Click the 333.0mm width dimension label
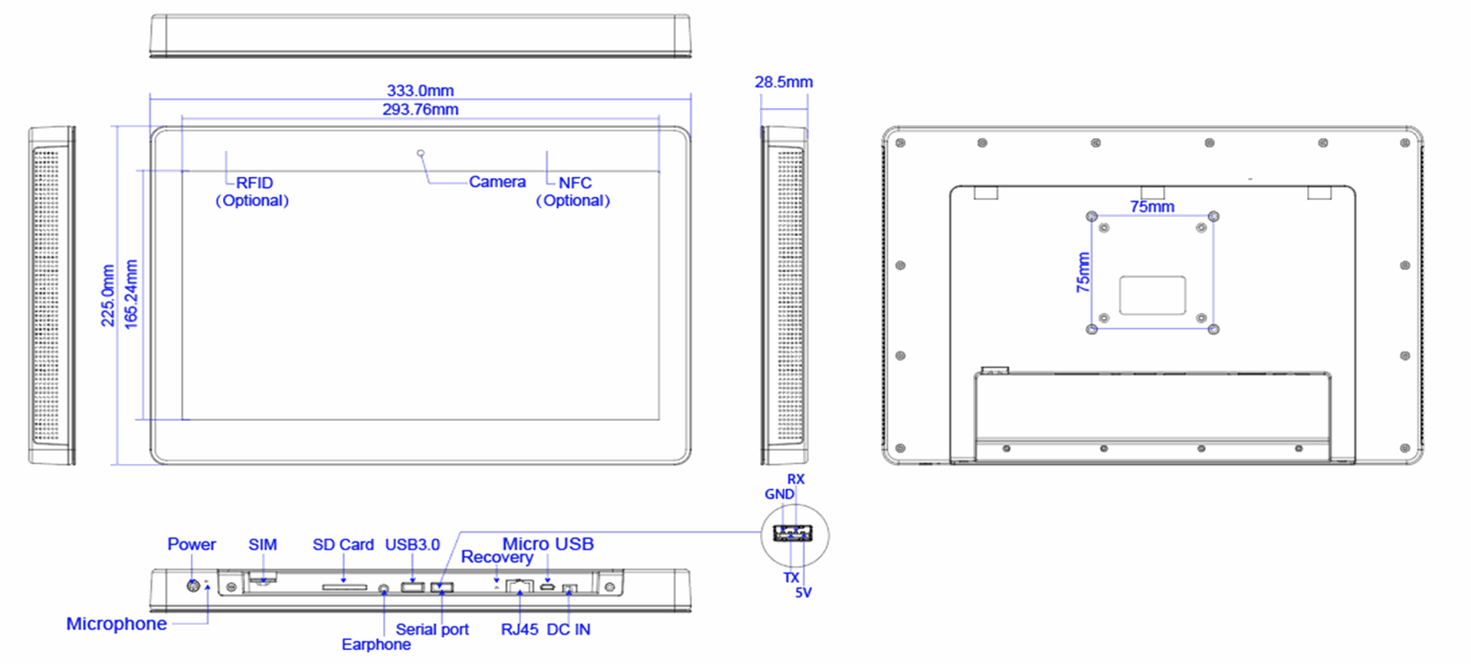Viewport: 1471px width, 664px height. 420,91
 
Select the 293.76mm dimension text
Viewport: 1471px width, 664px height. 421,110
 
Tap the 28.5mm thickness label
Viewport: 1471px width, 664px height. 784,82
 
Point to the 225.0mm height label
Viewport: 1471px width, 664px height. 108,296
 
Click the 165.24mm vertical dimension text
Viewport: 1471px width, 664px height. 131,294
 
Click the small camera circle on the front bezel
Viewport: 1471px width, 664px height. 421,153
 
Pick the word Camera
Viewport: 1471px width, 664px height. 497,182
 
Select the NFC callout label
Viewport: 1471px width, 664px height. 575,182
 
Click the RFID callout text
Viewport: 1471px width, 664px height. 254,182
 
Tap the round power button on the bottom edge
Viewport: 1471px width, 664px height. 194,587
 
